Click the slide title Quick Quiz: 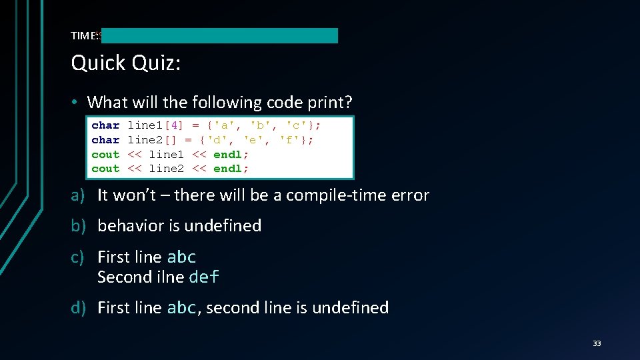[x=126, y=63]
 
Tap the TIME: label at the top [x=85, y=35]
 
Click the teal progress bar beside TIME [x=220, y=35]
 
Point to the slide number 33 [x=597, y=343]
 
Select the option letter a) [x=79, y=195]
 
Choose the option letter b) [x=79, y=226]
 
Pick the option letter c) [x=79, y=257]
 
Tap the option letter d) [x=79, y=307]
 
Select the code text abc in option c [x=181, y=257]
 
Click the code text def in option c [x=205, y=277]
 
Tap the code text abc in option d [x=181, y=307]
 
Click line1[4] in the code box [x=155, y=125]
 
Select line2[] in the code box [x=152, y=140]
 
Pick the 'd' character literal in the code [x=217, y=140]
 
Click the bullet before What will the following [x=77, y=103]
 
